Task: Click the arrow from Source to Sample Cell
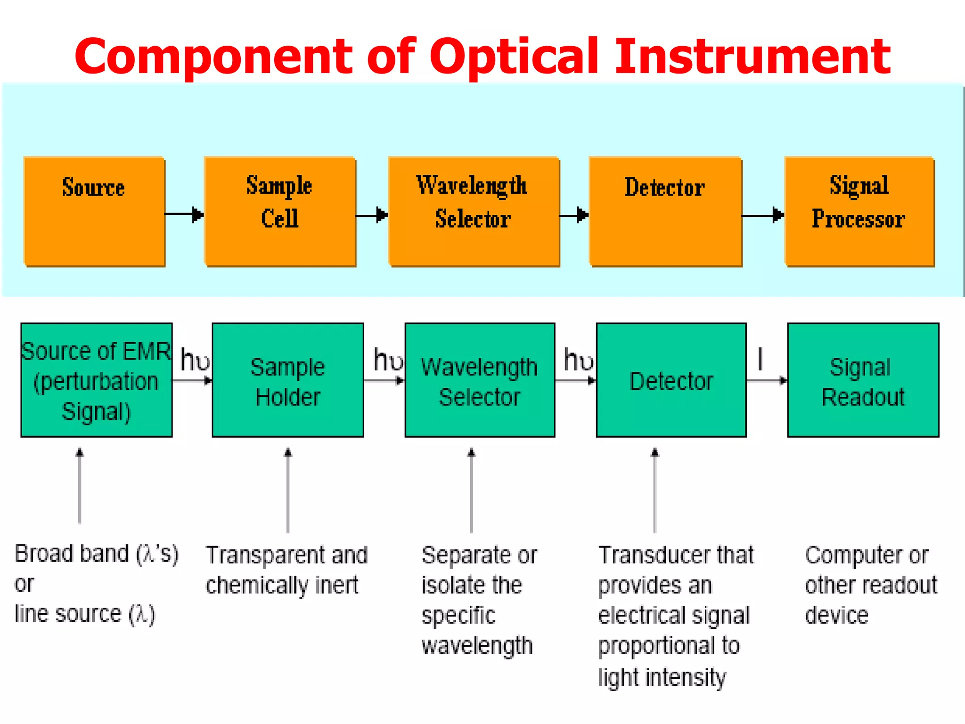(x=184, y=214)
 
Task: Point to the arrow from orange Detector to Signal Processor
(x=763, y=215)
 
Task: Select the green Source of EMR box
(x=97, y=380)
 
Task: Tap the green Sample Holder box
(x=287, y=380)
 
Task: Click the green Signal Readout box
(x=863, y=380)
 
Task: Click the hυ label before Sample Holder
(x=195, y=361)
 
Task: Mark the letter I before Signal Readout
(x=760, y=359)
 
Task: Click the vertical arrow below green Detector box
(x=654, y=490)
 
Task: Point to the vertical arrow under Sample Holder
(x=288, y=490)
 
